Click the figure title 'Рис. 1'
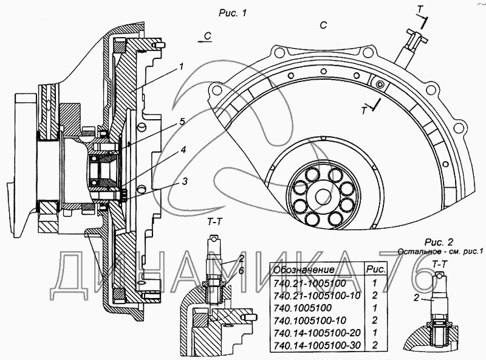pos(233,13)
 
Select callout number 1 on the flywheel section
pos(181,66)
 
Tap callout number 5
pos(182,122)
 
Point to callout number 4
pos(183,150)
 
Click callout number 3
pos(185,181)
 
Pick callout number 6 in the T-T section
pos(241,271)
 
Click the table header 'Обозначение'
pos(304,269)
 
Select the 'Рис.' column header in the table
pos(376,269)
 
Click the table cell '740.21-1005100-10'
pos(317,296)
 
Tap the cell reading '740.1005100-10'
pos(310,320)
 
